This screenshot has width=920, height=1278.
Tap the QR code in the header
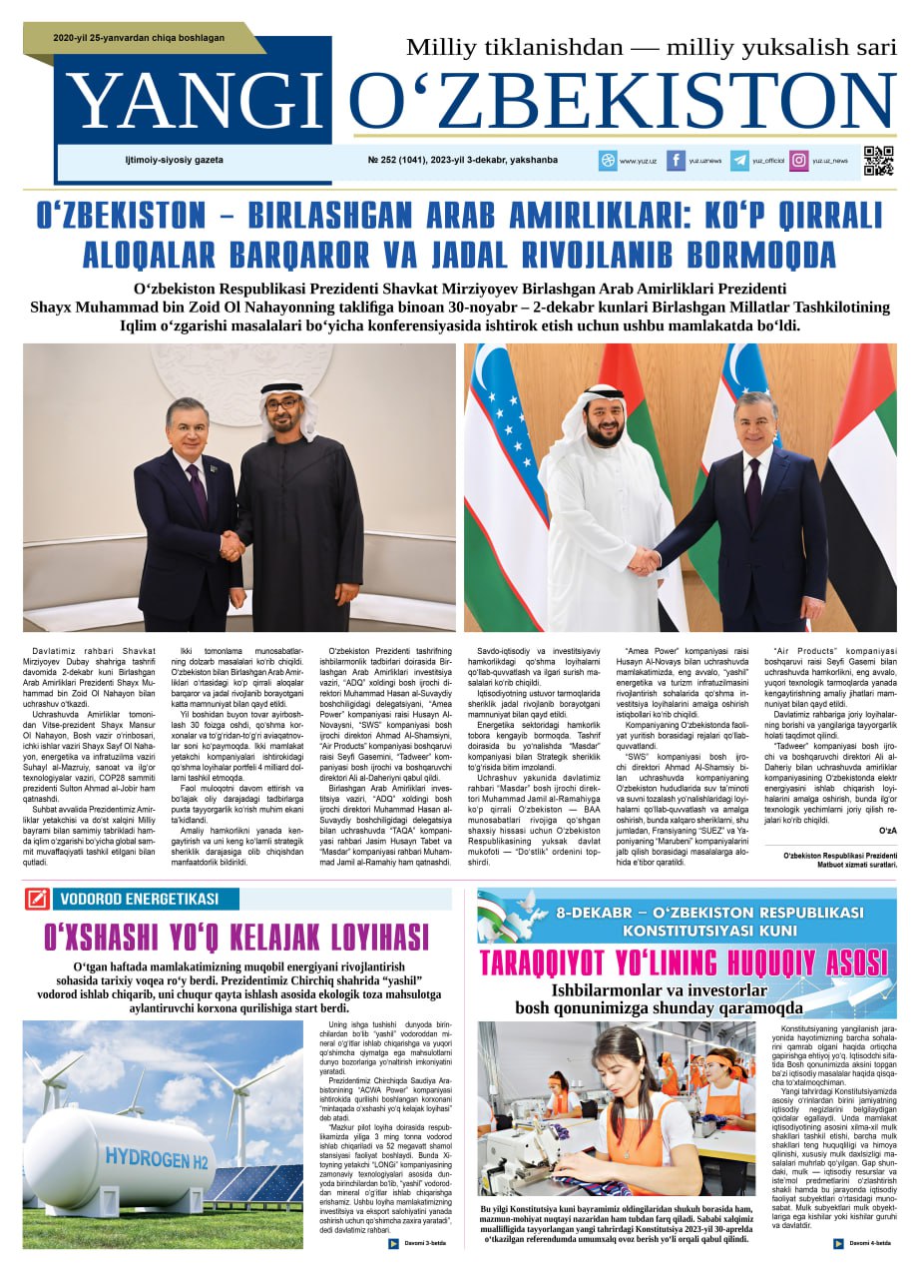point(878,161)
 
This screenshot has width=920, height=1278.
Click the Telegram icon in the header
point(739,161)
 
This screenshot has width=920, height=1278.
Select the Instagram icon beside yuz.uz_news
point(799,161)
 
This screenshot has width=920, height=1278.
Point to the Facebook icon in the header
point(676,161)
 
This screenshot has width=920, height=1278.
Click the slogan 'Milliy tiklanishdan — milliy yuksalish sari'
point(651,47)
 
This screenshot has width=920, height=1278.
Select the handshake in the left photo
point(231,545)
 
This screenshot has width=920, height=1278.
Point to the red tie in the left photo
point(198,491)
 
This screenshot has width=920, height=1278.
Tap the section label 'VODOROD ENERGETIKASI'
point(139,899)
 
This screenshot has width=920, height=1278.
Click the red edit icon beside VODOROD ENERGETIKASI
point(37,899)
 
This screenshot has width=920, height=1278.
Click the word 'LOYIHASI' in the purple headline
point(366,938)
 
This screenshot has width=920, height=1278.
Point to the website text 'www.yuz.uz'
point(638,161)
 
